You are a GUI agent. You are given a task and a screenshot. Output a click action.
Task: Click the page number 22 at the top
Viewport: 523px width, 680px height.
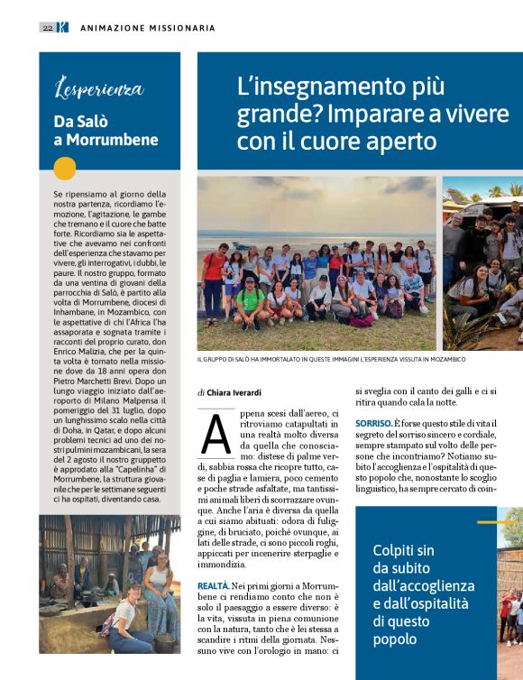(x=47, y=28)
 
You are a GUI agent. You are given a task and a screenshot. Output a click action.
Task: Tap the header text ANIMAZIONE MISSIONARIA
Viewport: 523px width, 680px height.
(x=148, y=28)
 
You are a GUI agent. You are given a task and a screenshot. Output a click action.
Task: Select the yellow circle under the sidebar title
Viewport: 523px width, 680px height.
(x=65, y=169)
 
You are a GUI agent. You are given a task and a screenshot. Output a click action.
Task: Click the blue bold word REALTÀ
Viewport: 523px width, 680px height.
(x=213, y=585)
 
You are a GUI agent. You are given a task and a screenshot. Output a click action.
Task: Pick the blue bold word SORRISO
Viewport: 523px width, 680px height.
(x=373, y=423)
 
